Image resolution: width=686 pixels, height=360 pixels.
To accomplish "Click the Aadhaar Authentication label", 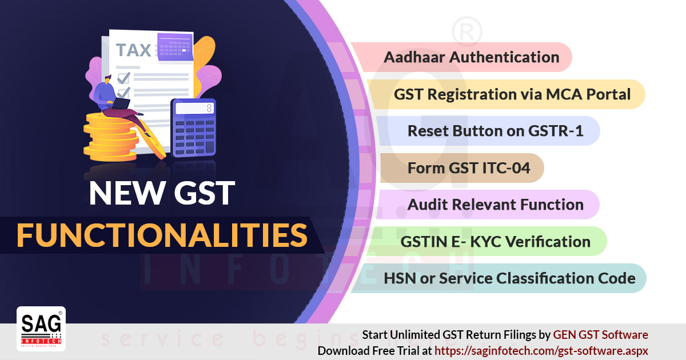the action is [471, 57].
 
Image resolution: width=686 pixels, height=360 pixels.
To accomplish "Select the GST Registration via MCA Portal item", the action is [512, 94].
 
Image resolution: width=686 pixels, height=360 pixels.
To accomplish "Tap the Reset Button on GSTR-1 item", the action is [495, 131].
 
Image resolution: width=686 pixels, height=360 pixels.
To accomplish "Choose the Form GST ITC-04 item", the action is [469, 168].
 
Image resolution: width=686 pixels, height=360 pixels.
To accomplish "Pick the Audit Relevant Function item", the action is [495, 205].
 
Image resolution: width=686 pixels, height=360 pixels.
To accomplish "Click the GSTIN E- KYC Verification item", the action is [495, 242].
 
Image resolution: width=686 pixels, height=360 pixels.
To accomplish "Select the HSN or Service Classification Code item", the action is [509, 278].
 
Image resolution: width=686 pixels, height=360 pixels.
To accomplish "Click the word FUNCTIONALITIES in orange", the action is [162, 235].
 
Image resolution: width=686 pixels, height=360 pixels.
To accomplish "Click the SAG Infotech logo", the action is [41, 329].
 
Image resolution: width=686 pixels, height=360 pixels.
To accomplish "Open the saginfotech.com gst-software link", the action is [541, 351].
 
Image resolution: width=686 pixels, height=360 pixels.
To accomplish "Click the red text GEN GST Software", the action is [600, 335].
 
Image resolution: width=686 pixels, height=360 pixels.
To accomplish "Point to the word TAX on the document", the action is [134, 50].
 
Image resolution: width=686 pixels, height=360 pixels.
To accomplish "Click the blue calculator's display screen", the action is [194, 108].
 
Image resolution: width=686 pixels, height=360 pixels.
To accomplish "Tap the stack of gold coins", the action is [111, 137].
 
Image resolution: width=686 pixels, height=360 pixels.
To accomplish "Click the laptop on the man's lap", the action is [121, 104].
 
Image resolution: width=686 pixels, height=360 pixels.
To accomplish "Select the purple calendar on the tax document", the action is [175, 47].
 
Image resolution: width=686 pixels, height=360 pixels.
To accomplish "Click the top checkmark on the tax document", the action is [123, 78].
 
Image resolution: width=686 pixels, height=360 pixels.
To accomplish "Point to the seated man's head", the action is [107, 79].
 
